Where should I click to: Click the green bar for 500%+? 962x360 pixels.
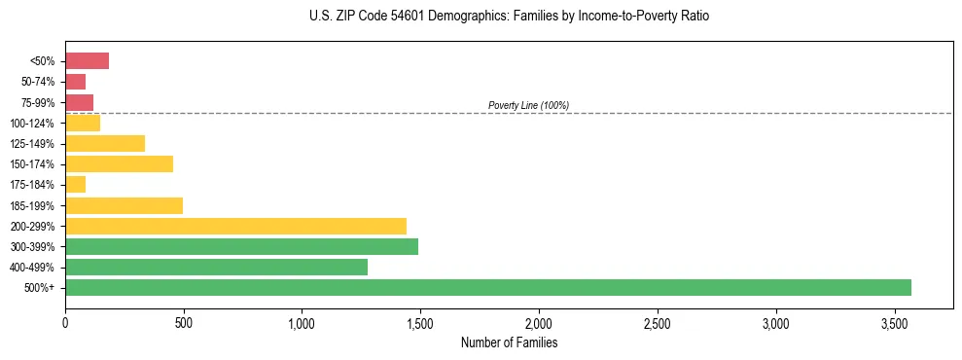click(487, 287)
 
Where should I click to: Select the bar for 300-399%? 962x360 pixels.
click(241, 246)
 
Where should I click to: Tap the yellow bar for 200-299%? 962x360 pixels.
click(235, 226)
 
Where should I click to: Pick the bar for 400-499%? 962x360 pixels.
click(216, 267)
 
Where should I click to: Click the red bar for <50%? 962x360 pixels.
click(87, 61)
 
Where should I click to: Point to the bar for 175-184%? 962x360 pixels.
click(75, 184)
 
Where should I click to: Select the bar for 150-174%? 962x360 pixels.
click(119, 163)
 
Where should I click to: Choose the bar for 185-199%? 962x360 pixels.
click(124, 205)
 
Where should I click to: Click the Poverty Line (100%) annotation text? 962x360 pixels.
click(528, 105)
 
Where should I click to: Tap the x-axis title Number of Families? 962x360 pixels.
click(509, 342)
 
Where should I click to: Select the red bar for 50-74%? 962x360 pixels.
click(75, 82)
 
